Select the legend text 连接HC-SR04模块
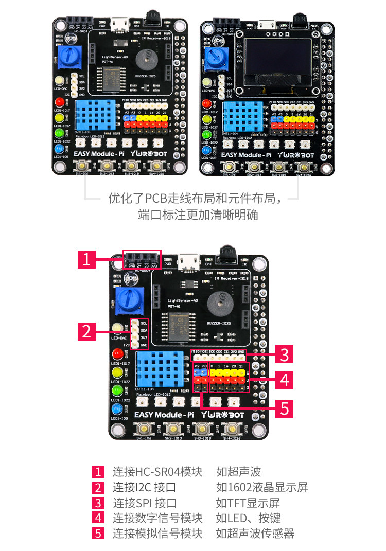coord(157,472)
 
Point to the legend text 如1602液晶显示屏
coord(262,487)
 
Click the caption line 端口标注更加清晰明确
coord(198,215)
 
